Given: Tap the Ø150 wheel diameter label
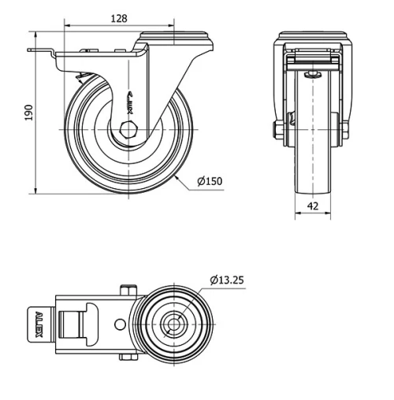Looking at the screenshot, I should (210, 181).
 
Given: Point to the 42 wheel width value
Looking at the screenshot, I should (314, 206).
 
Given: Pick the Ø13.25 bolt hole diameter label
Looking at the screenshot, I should (228, 279).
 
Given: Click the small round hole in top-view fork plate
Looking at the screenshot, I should (119, 324).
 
